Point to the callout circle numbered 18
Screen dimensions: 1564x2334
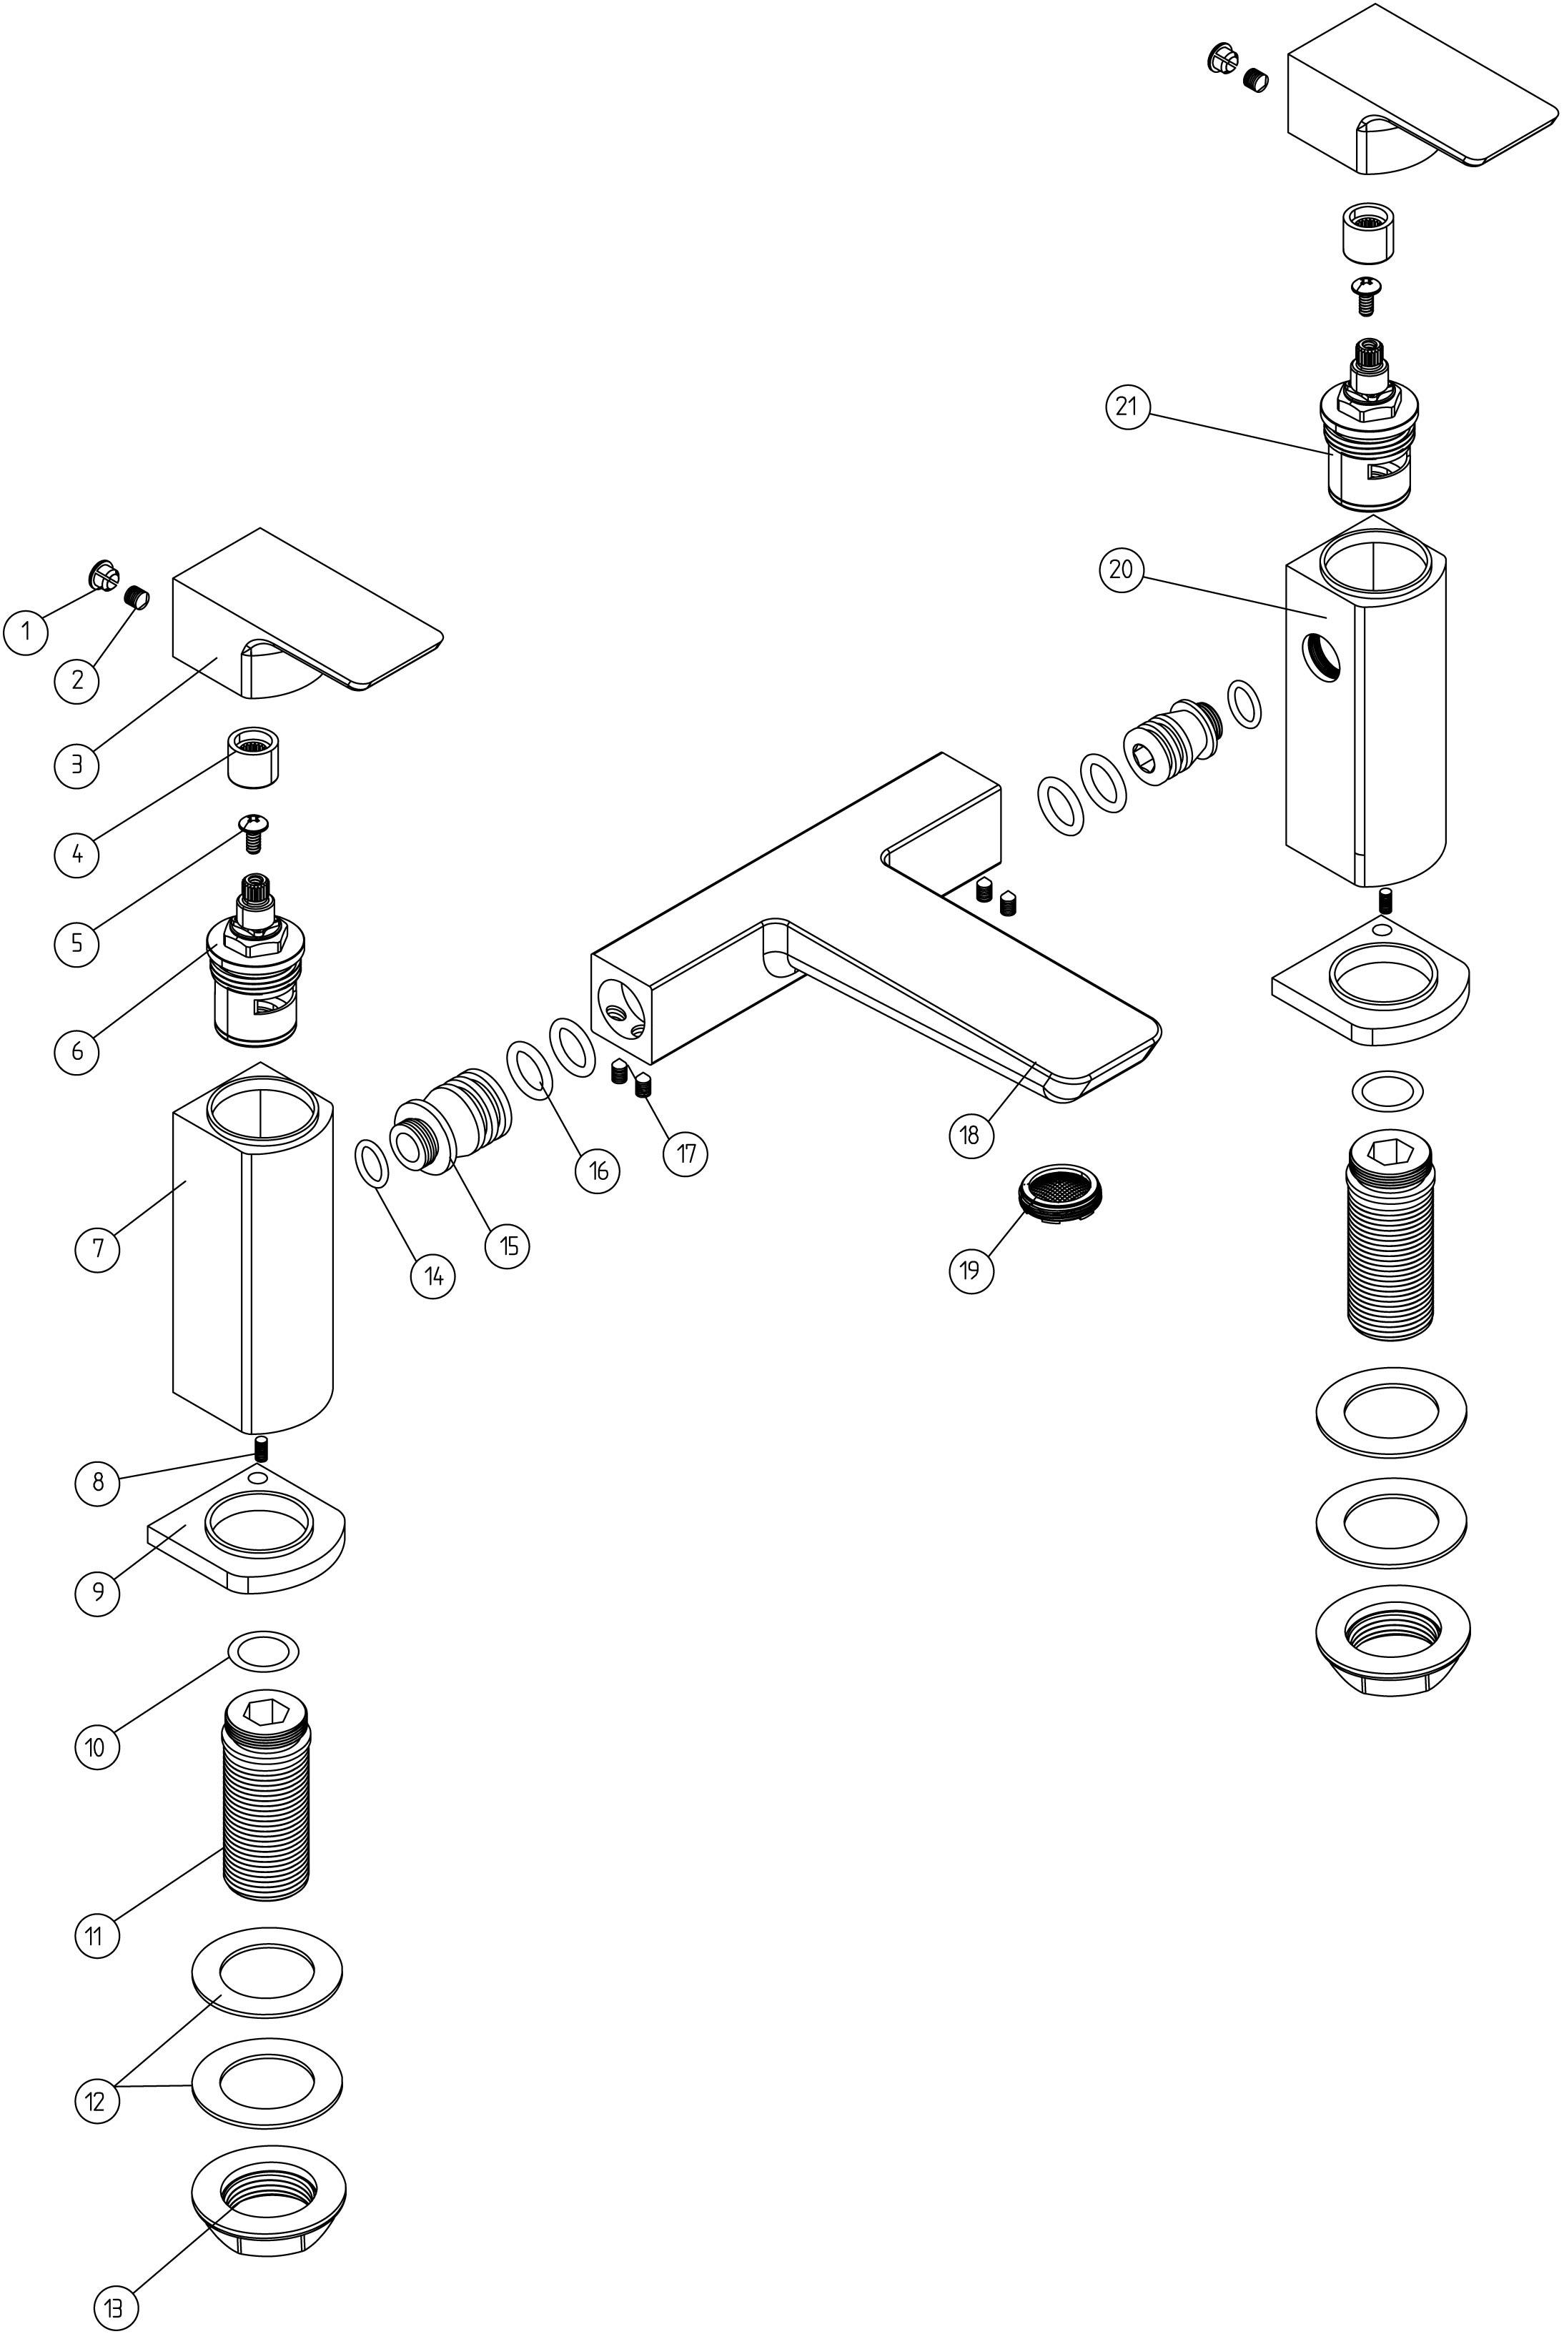tap(971, 1135)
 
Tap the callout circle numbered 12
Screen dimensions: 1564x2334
tap(96, 2102)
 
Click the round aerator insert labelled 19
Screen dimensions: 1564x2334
tap(1065, 1189)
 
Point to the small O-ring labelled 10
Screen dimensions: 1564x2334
tap(263, 1650)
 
